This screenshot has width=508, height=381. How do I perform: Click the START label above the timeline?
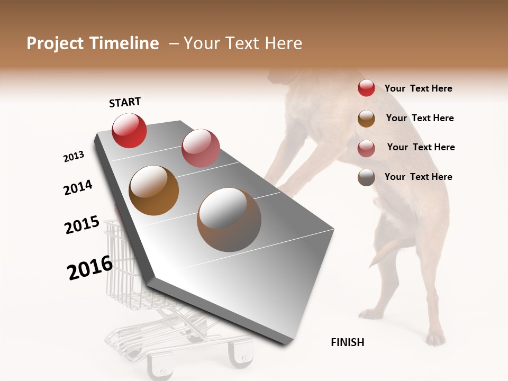pos(125,102)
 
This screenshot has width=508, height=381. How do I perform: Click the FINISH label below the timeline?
pos(347,342)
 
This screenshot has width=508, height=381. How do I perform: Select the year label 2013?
pos(74,157)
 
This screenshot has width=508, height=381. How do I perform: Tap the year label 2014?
pos(78,187)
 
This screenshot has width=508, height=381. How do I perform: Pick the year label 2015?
pos(82,225)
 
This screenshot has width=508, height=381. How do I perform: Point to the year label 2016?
pos(90,268)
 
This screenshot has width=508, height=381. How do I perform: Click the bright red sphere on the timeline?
pos(129,131)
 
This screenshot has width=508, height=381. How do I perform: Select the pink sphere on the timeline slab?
pos(201,148)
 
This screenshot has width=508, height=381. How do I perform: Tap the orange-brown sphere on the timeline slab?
pos(153,190)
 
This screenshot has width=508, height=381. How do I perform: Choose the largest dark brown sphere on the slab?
pos(229,220)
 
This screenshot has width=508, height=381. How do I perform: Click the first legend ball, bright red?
pos(366,88)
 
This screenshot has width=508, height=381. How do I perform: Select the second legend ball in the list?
pos(366,118)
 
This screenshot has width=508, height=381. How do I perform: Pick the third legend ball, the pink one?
pos(366,148)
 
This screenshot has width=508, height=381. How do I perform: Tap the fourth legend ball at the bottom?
pos(366,177)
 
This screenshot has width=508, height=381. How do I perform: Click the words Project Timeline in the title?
pos(93,43)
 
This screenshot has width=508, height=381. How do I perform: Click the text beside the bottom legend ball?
pos(418,177)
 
